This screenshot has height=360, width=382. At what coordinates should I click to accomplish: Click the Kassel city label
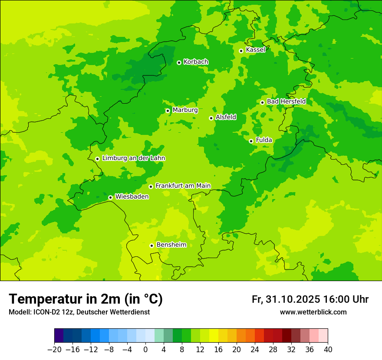click(x=255, y=50)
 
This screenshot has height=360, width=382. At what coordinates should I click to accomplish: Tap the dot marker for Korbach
click(x=179, y=62)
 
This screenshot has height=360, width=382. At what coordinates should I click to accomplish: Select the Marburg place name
click(x=185, y=110)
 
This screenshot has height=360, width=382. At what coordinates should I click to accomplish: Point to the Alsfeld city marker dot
click(x=211, y=118)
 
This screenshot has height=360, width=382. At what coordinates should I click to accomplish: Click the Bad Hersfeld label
click(x=286, y=101)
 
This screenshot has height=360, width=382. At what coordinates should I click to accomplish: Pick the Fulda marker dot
click(x=251, y=141)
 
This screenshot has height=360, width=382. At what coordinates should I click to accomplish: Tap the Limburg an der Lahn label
click(x=133, y=158)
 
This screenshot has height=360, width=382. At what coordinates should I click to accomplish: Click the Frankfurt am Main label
click(x=183, y=186)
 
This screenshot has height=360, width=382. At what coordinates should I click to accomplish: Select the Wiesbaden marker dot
click(x=110, y=197)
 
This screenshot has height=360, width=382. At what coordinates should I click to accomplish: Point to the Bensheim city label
click(x=171, y=245)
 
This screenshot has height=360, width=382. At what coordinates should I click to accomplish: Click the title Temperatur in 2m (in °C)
click(x=86, y=299)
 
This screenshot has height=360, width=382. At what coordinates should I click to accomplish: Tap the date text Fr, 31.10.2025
click(x=286, y=299)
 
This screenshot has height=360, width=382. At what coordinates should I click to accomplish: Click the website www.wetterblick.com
click(x=313, y=312)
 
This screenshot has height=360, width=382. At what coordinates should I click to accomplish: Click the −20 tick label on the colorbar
click(x=54, y=350)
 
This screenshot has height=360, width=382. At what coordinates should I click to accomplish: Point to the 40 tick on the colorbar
click(x=328, y=350)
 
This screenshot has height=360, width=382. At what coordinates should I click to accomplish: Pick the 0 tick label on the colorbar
click(x=145, y=350)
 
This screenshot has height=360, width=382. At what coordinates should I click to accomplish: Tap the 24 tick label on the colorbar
click(x=255, y=350)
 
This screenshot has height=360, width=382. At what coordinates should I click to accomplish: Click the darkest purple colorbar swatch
click(x=59, y=336)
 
